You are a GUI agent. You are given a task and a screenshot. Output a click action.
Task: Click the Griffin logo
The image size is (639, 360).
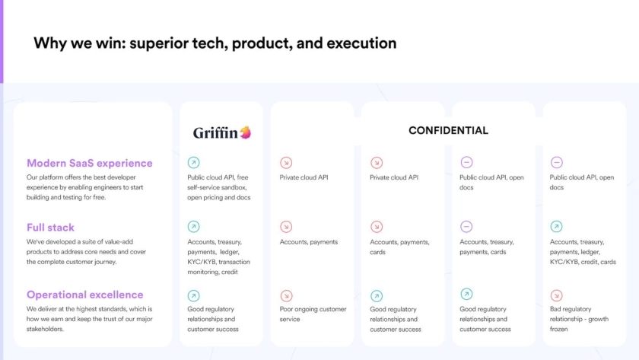pyautogui.click(x=222, y=132)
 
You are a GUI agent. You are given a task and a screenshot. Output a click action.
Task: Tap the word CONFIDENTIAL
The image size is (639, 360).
pyautogui.click(x=448, y=130)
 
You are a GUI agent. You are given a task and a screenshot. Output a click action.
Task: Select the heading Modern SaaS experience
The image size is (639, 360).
pyautogui.click(x=90, y=163)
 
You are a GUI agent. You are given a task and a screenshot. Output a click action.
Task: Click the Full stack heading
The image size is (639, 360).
pyautogui.click(x=50, y=228)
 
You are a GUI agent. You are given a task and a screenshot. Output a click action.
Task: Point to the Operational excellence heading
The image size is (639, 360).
pyautogui.click(x=84, y=295)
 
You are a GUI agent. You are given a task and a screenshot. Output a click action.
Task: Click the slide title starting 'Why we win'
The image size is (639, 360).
pyautogui.click(x=215, y=43)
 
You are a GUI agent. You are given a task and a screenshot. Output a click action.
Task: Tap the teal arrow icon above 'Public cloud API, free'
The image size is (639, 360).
pyautogui.click(x=193, y=163)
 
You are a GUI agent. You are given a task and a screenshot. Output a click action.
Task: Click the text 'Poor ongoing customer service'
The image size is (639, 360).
pyautogui.click(x=313, y=314)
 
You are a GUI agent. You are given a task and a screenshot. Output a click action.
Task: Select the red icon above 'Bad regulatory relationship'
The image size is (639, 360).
pyautogui.click(x=556, y=295)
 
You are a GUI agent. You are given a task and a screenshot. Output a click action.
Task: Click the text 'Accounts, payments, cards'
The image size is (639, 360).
pyautogui.click(x=399, y=247)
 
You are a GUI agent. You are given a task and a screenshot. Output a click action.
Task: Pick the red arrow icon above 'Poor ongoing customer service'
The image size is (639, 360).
pyautogui.click(x=286, y=295)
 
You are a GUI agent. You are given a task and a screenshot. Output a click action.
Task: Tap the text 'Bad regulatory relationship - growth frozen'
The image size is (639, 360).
pyautogui.click(x=579, y=319)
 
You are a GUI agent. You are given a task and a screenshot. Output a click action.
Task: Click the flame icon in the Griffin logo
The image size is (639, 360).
pyautogui.click(x=245, y=132)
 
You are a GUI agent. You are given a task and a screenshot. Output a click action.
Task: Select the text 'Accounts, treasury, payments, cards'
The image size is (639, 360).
pyautogui.click(x=487, y=247)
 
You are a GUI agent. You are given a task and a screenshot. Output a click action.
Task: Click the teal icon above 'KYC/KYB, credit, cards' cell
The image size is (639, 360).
pyautogui.click(x=556, y=226)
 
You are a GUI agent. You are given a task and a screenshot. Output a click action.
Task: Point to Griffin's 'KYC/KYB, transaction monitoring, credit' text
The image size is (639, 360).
pyautogui.click(x=218, y=266)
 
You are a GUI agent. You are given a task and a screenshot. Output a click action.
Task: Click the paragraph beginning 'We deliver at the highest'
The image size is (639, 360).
pyautogui.click(x=89, y=319)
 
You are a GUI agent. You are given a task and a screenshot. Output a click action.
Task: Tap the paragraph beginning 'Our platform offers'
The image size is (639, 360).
pyautogui.click(x=84, y=187)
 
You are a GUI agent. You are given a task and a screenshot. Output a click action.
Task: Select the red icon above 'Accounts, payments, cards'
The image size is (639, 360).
pyautogui.click(x=377, y=226)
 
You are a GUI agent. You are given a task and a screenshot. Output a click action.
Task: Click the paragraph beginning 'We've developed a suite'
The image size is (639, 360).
pyautogui.click(x=86, y=252)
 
